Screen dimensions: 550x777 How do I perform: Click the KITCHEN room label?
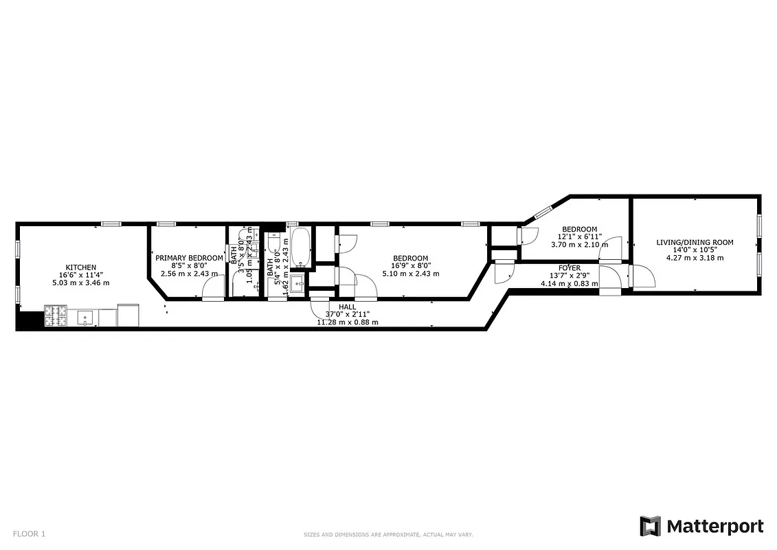click(80, 267)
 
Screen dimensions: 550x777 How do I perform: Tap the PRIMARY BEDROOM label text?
click(189, 258)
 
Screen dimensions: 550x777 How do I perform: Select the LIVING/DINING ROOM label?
click(695, 242)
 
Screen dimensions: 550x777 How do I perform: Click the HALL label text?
click(347, 307)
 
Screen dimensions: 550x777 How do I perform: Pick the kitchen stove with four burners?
click(56, 316)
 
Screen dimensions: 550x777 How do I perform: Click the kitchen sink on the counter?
click(86, 317)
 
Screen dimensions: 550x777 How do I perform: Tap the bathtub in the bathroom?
click(300, 248)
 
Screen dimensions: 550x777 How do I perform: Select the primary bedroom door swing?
click(213, 289)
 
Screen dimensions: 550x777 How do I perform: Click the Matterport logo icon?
click(650, 527)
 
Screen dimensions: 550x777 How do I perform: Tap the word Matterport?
click(714, 527)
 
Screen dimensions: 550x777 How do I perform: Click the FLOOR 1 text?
click(29, 533)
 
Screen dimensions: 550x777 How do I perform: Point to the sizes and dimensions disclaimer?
click(388, 534)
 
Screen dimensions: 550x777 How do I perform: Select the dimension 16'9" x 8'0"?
click(411, 266)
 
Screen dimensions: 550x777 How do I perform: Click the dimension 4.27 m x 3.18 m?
click(695, 258)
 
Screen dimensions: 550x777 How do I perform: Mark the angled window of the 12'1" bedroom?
click(544, 212)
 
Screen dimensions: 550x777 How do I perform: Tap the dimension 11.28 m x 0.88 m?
click(347, 322)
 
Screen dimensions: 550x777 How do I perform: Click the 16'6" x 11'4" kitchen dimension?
click(80, 275)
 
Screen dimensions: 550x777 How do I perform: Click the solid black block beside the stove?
click(30, 320)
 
